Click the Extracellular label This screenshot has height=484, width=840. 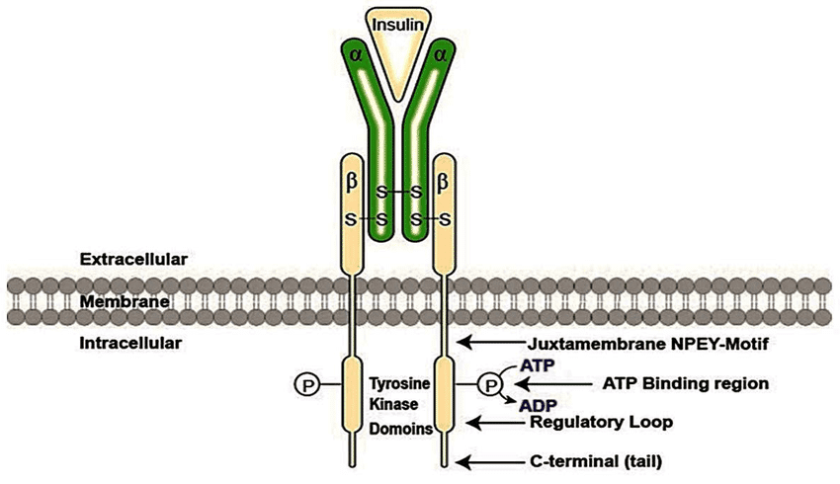pyautogui.click(x=133, y=259)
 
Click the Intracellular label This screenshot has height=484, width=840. pyautogui.click(x=131, y=343)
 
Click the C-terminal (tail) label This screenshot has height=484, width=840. pyautogui.click(x=594, y=461)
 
